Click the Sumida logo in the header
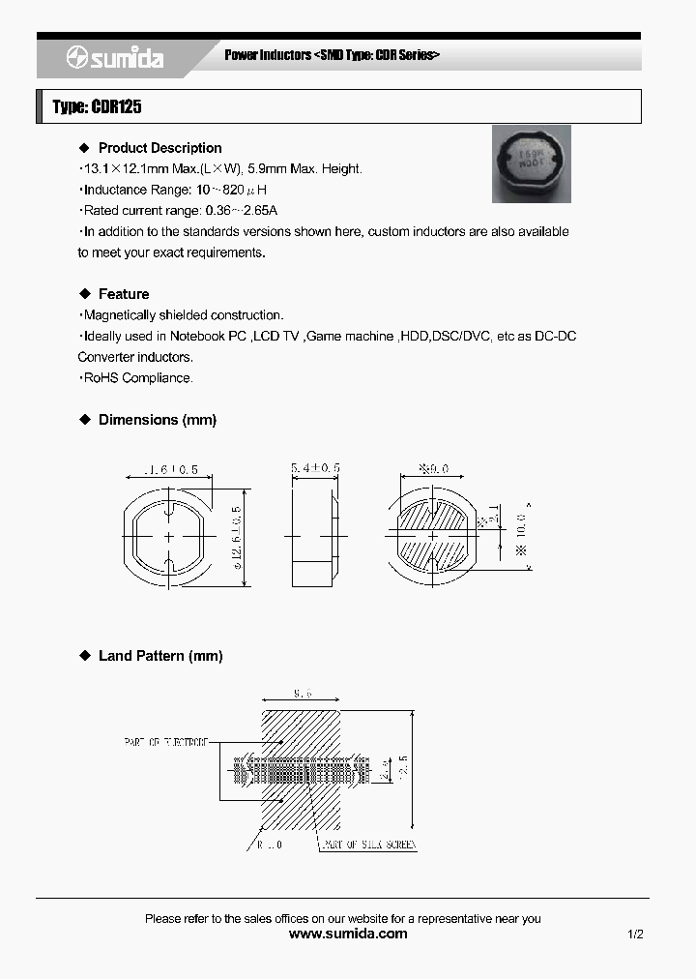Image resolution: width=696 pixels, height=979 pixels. [115, 58]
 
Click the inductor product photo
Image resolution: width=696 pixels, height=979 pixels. [531, 163]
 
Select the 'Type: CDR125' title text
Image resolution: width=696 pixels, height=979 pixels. [97, 106]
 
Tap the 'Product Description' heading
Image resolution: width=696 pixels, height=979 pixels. [159, 148]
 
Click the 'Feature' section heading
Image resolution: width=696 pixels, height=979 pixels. [124, 294]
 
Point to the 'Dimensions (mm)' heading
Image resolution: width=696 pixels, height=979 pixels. [158, 420]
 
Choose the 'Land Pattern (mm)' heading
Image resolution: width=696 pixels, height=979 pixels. [160, 656]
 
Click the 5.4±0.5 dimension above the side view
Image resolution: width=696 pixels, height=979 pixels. [315, 468]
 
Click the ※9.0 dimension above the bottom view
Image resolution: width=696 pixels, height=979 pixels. [434, 468]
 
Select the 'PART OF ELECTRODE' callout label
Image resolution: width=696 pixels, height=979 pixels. [165, 742]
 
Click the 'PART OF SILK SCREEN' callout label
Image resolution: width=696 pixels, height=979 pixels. [367, 845]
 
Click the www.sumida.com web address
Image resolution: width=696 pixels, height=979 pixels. [348, 934]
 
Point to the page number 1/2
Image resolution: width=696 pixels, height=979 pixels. [634, 934]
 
